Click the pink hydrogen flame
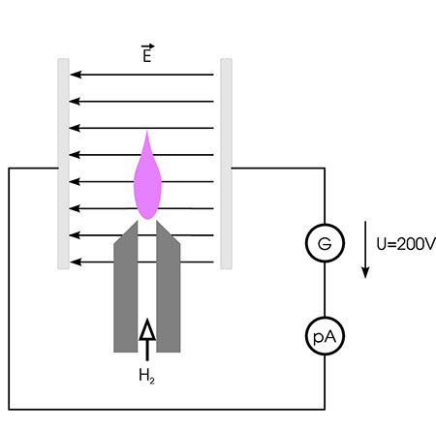coord(147,181)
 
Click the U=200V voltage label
coord(406,244)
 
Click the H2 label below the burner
coord(146,376)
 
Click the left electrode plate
coord(63,164)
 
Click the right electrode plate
coord(226,164)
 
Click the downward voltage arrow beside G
coord(365,249)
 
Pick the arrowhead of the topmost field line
coord(76,75)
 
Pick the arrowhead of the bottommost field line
coord(76,262)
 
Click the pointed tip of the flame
coord(147,131)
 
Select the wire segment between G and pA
coord(325,290)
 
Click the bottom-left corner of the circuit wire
coord(9,410)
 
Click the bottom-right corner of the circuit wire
coord(325,410)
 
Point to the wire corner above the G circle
coord(325,168)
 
